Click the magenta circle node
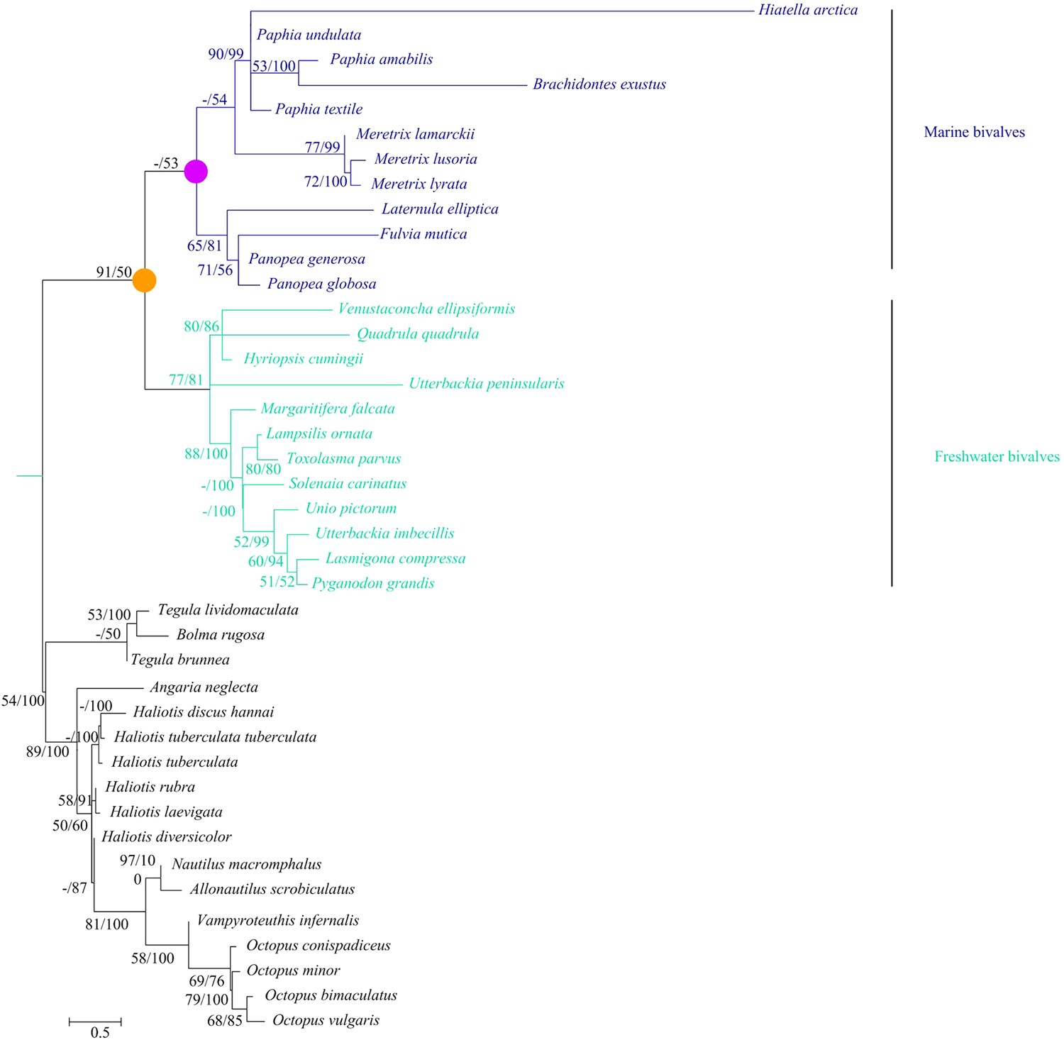(x=196, y=172)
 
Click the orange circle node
(x=145, y=280)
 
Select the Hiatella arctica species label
(x=808, y=10)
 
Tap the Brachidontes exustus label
(x=599, y=84)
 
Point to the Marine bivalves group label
(x=974, y=132)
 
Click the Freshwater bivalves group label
(x=997, y=457)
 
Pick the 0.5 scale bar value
(x=100, y=1032)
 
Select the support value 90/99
(x=226, y=54)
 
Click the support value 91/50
(x=114, y=272)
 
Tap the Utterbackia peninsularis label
(x=487, y=384)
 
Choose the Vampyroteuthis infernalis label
(x=278, y=921)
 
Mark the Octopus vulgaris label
(x=326, y=1020)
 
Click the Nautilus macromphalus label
(x=246, y=864)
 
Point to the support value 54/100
(x=23, y=701)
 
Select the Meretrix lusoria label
(x=426, y=159)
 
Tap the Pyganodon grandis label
(x=373, y=583)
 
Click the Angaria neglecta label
(x=204, y=687)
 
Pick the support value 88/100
(x=206, y=454)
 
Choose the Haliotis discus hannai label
(x=204, y=712)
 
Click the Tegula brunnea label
(x=180, y=660)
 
